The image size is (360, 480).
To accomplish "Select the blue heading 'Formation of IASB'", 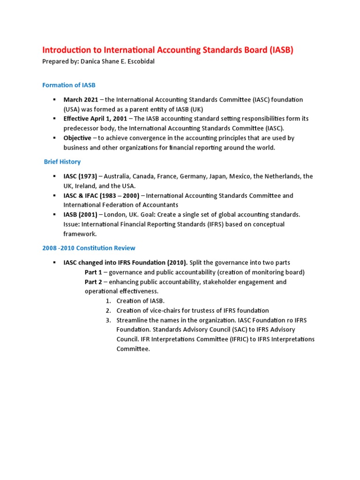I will point(69,85).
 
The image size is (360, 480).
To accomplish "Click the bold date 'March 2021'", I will point(81,99).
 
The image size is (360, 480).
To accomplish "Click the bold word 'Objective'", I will point(77,138).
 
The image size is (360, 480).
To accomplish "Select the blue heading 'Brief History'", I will point(62,162).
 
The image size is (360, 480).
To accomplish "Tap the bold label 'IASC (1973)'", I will point(80,176).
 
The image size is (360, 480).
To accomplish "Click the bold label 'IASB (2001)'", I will point(80,214).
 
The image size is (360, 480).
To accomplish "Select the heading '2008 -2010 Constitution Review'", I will point(89,248).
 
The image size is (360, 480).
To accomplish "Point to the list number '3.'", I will point(108,320).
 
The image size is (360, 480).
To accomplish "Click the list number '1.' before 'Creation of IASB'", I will point(108,301).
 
